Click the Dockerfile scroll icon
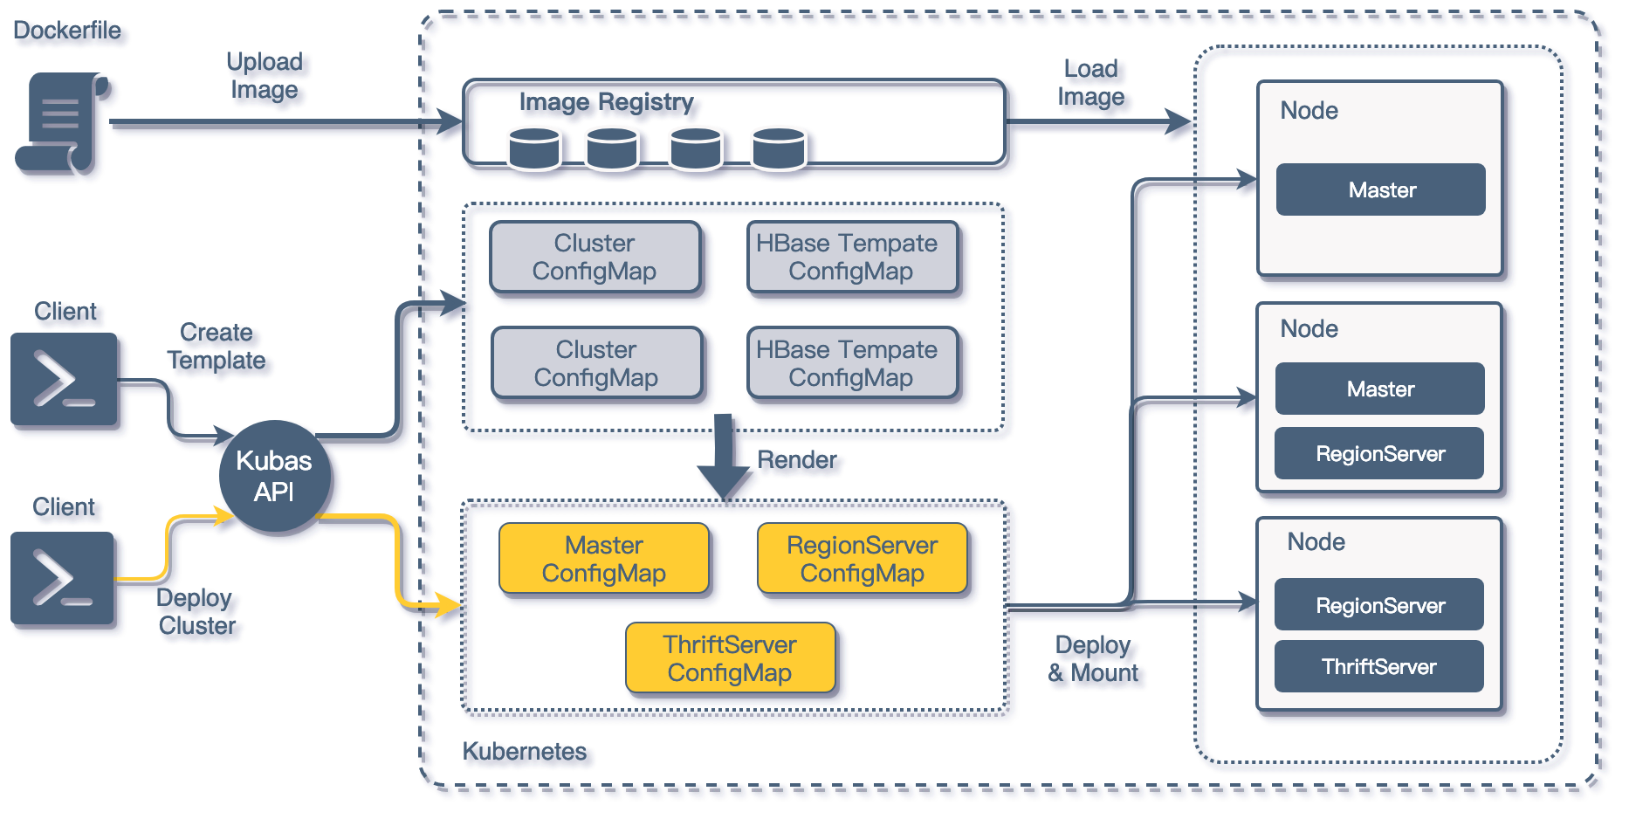[62, 123]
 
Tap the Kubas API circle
[274, 477]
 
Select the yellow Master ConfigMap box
[604, 559]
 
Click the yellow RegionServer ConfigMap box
[863, 559]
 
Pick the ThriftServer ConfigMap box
[731, 657]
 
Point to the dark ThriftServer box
[1379, 666]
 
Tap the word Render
[797, 460]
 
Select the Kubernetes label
[525, 752]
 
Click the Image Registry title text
[607, 102]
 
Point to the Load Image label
[1091, 83]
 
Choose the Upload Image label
[265, 76]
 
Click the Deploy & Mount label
[1093, 659]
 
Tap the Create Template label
[217, 347]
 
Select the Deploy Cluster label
[196, 612]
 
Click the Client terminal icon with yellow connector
[63, 578]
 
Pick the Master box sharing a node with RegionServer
[1380, 389]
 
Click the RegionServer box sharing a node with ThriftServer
[1379, 604]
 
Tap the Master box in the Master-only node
[1381, 189]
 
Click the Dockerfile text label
[67, 31]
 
